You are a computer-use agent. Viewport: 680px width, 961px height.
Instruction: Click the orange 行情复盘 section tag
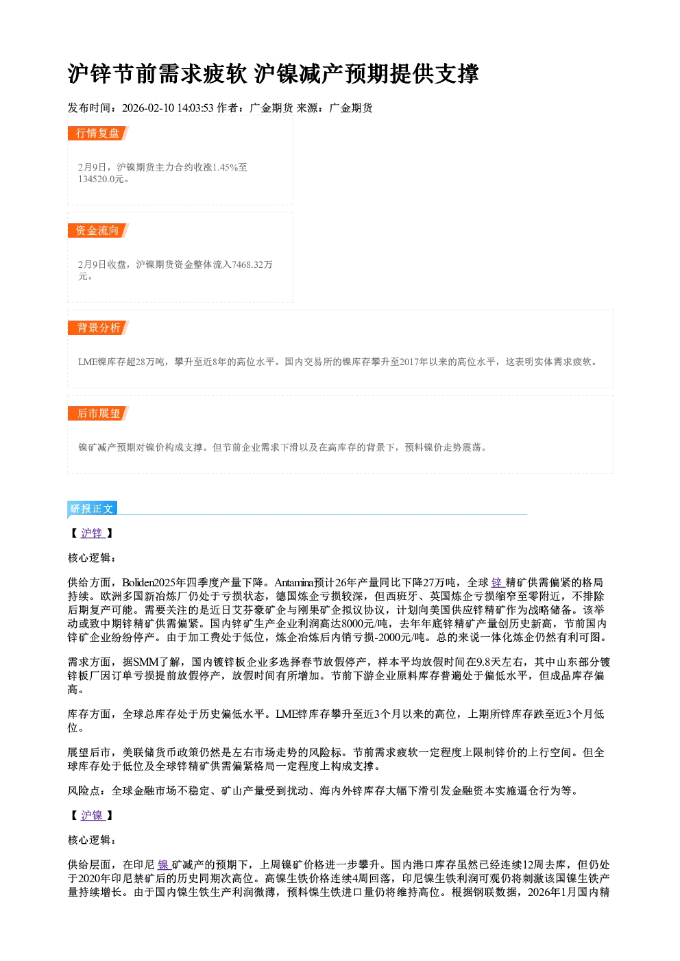(98, 134)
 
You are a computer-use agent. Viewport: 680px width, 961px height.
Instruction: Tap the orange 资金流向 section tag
(98, 231)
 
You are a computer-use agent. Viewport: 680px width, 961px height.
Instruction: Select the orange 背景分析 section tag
(98, 328)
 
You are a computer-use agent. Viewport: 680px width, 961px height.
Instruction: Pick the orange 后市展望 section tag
(98, 414)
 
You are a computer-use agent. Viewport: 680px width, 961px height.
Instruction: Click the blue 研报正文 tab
(92, 509)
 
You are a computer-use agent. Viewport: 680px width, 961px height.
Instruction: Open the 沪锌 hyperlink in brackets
(92, 534)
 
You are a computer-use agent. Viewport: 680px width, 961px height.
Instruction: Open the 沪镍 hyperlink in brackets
(92, 816)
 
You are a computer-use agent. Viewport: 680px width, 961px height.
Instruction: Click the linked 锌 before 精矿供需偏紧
(497, 583)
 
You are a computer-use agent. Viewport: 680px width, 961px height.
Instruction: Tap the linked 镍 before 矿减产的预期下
(163, 865)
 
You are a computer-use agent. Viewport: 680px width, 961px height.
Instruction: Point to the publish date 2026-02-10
(148, 108)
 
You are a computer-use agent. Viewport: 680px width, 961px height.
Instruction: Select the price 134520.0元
(101, 179)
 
